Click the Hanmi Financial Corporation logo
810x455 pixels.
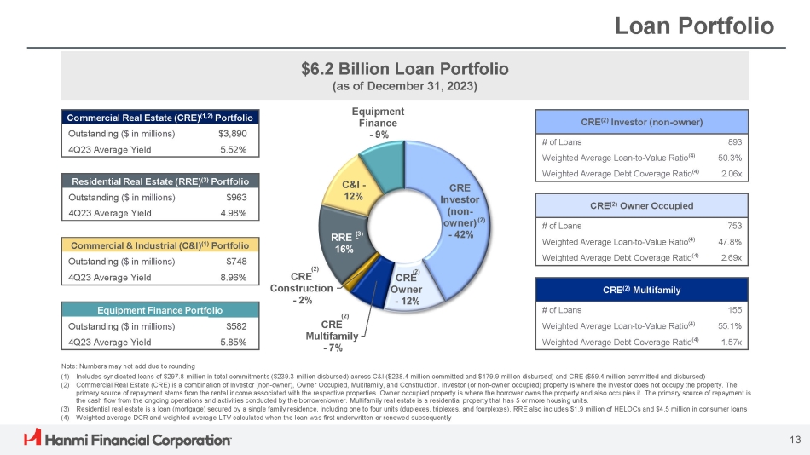(127, 439)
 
